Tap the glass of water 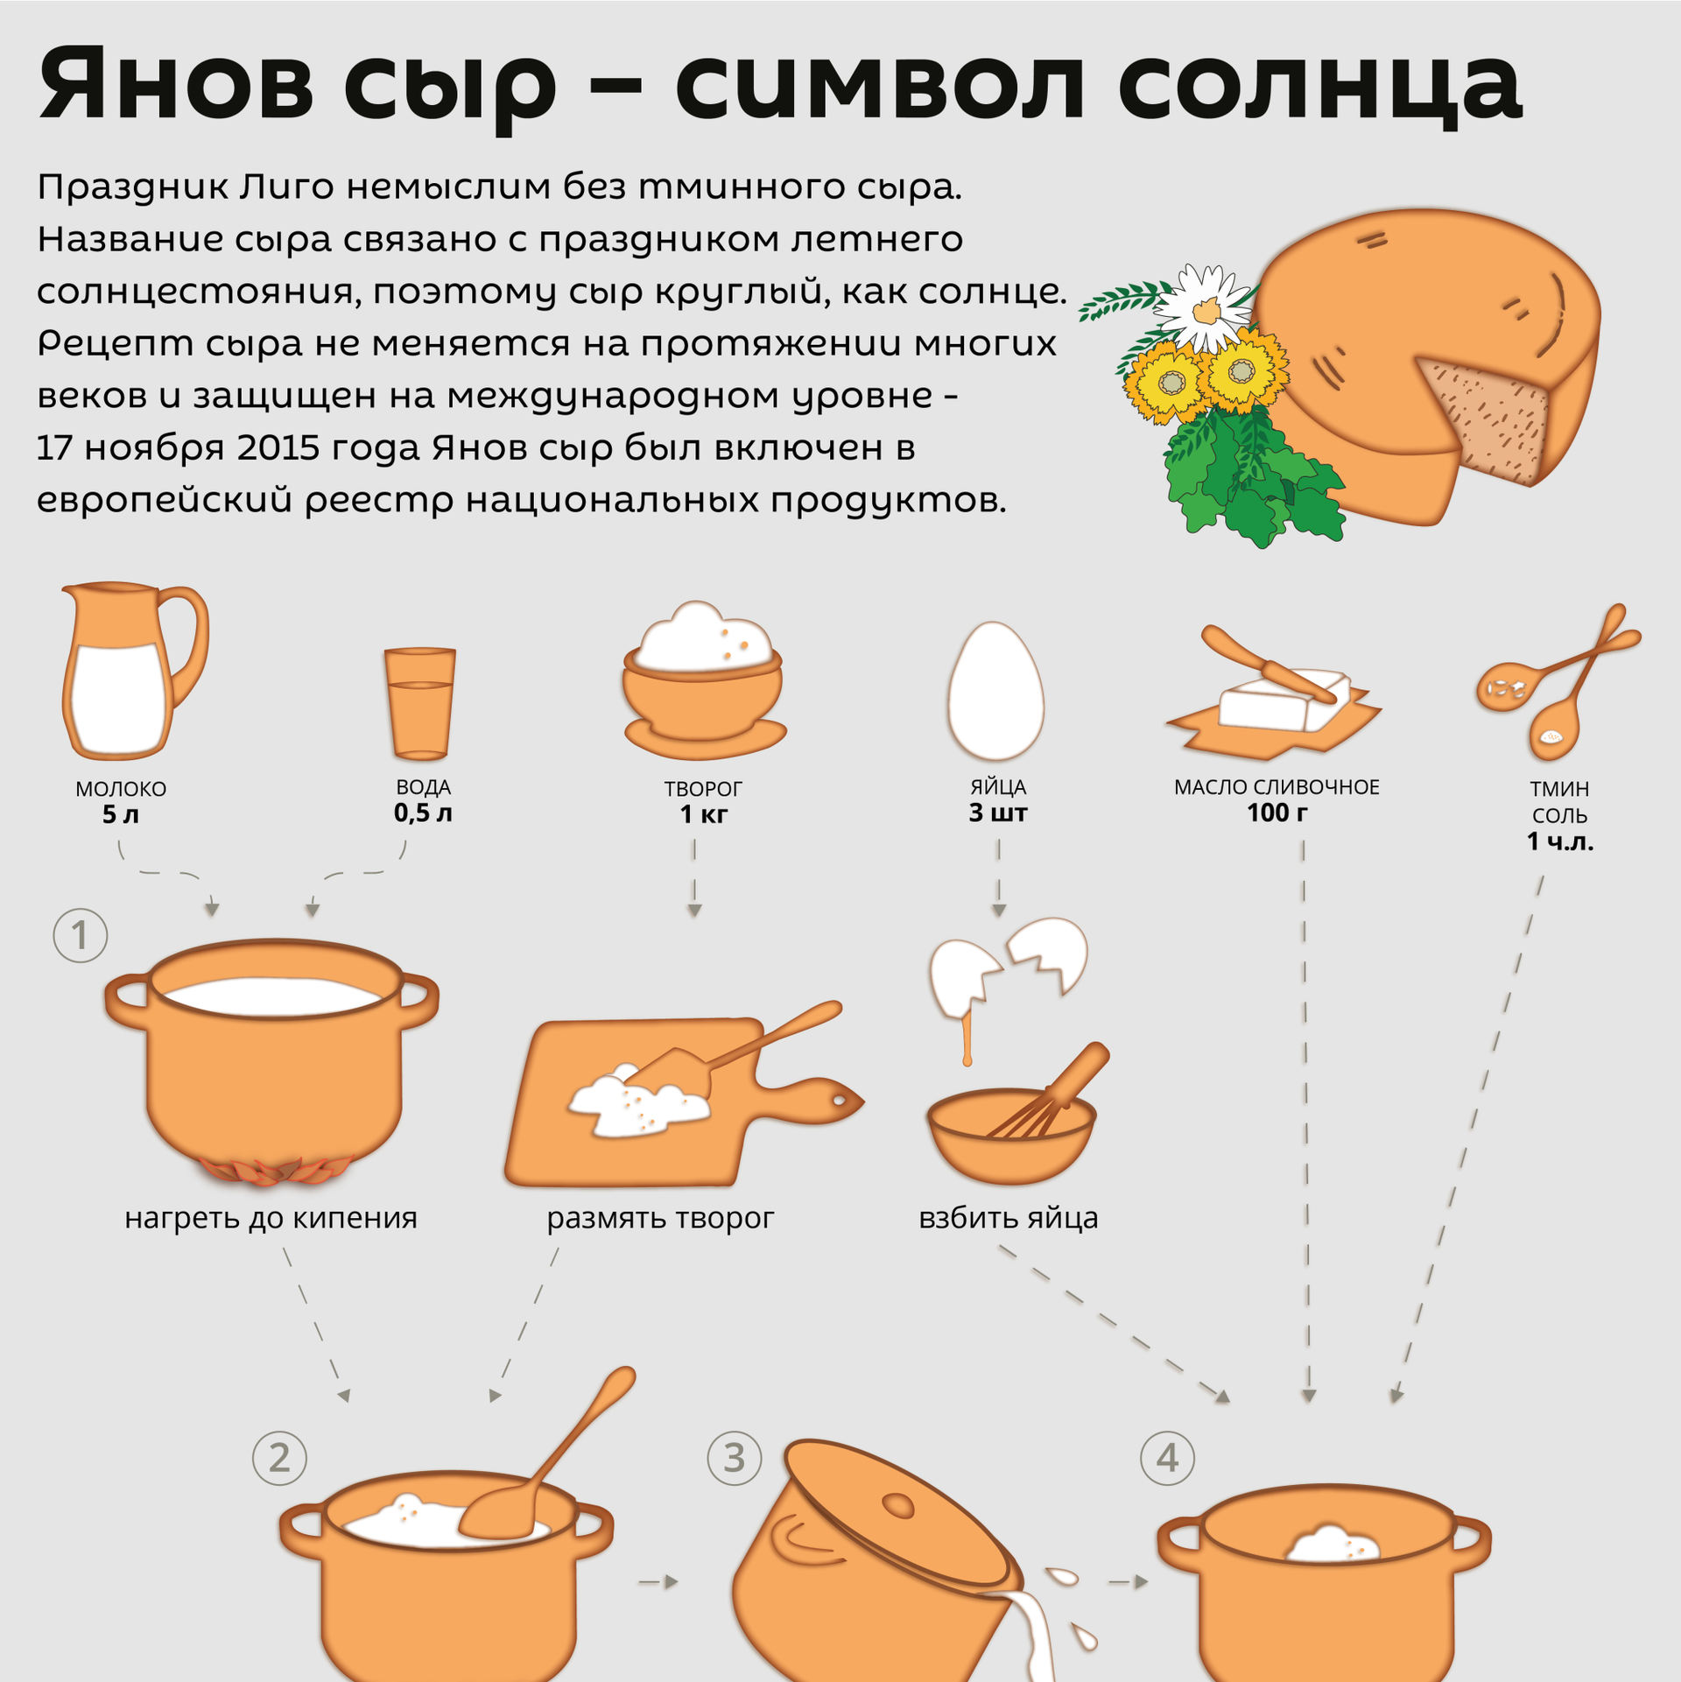tap(420, 703)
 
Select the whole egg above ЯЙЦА tap(995, 690)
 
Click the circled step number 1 tap(81, 935)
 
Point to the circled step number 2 tap(279, 1458)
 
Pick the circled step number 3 tap(734, 1458)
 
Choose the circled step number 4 tap(1167, 1458)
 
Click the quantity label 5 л tap(121, 814)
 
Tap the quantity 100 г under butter tap(1277, 813)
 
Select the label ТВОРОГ tap(703, 789)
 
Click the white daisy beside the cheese tap(1206, 307)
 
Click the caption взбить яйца tap(1009, 1218)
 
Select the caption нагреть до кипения tap(271, 1218)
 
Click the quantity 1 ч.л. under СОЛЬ tap(1560, 841)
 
